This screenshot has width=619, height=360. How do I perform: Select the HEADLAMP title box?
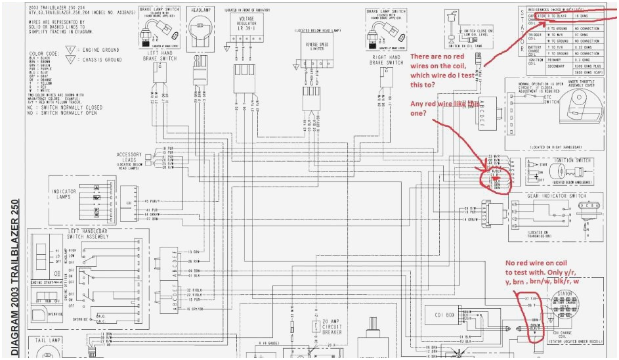click(201, 12)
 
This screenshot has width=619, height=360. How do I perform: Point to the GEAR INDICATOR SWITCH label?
click(557, 195)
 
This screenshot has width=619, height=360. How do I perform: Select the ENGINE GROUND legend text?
click(95, 49)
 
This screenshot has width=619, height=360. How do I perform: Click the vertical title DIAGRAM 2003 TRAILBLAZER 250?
click(13, 276)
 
